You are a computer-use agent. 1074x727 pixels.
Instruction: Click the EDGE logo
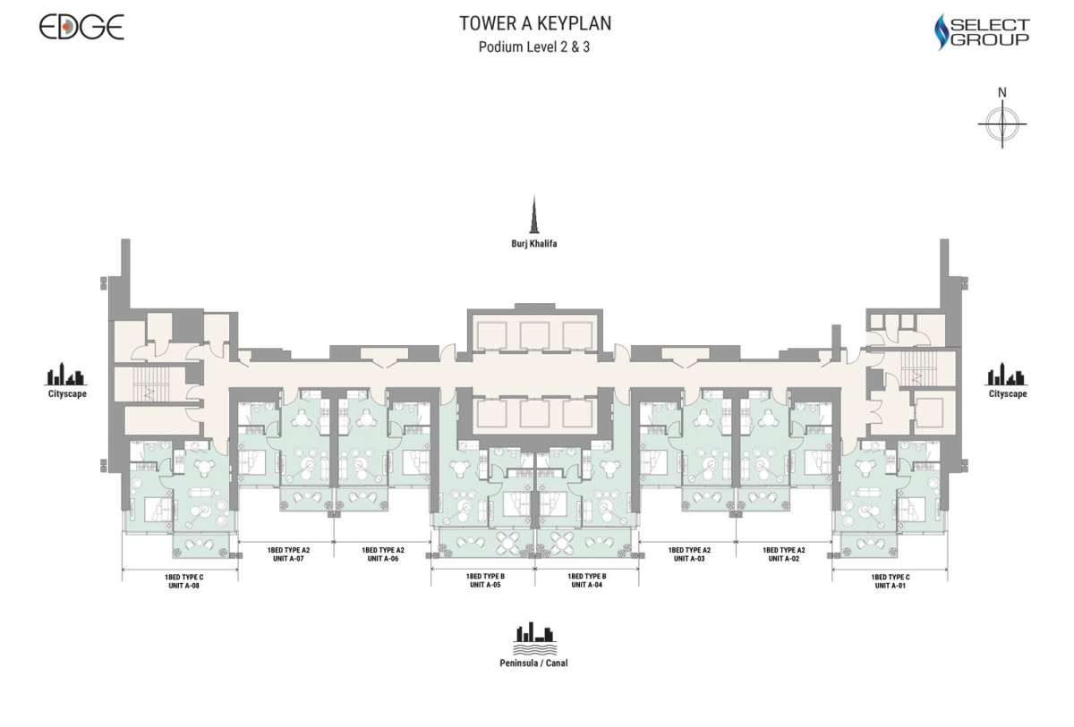point(81,27)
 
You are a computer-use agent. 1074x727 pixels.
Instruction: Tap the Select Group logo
point(982,31)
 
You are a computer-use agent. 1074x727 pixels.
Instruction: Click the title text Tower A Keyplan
point(535,23)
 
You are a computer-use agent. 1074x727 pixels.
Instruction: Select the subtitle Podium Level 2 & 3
point(534,46)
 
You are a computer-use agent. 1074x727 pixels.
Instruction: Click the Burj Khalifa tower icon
point(534,215)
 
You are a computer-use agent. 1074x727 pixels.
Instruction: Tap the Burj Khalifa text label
point(534,243)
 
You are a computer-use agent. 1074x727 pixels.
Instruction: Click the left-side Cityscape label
point(67,393)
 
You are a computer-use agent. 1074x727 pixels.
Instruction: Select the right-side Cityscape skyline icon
point(1006,374)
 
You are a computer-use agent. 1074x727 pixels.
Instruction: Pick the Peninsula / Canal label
point(533,663)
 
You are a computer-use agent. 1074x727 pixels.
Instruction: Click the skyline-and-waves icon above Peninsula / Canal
point(534,638)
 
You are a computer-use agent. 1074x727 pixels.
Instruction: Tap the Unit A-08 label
point(183,586)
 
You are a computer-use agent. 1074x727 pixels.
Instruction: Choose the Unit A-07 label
point(288,558)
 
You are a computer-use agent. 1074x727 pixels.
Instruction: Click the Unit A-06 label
point(383,558)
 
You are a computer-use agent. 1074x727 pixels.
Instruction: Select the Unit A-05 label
point(485,585)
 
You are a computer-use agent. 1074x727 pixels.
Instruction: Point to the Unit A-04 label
point(587,585)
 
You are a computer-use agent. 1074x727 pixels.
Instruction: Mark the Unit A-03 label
point(689,558)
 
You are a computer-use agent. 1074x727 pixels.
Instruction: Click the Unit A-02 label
point(783,558)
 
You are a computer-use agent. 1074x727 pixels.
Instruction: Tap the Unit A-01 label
point(891,586)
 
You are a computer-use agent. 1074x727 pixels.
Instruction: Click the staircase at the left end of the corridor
point(151,385)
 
